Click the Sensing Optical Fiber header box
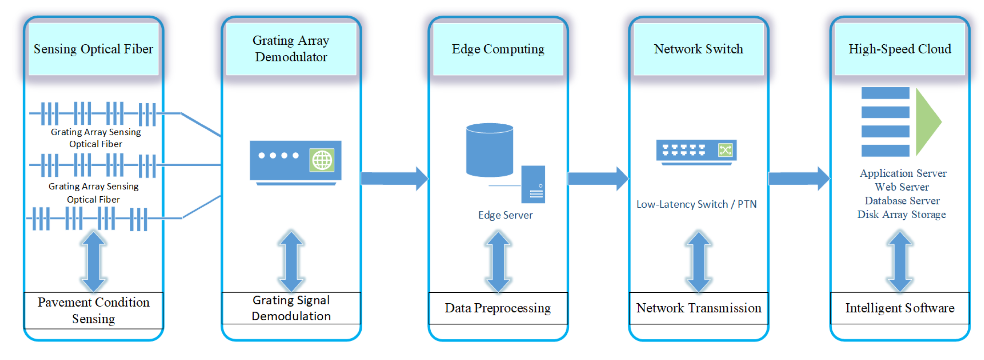tap(94, 49)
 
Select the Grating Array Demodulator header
tap(291, 49)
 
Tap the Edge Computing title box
tap(498, 49)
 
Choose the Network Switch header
tap(699, 49)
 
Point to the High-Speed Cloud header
tap(900, 49)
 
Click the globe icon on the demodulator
tap(322, 160)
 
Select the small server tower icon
tap(533, 184)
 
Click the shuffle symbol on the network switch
tap(725, 150)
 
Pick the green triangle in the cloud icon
tap(927, 122)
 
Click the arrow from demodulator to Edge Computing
tap(395, 179)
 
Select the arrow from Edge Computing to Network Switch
tap(598, 179)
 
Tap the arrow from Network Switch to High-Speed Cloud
tap(799, 179)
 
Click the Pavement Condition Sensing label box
tap(94, 310)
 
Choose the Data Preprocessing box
tap(498, 308)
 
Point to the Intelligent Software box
tap(900, 308)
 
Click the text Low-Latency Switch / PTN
tap(696, 204)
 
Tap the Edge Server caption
tap(505, 215)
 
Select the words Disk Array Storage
tap(901, 214)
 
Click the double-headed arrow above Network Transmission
tap(699, 262)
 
